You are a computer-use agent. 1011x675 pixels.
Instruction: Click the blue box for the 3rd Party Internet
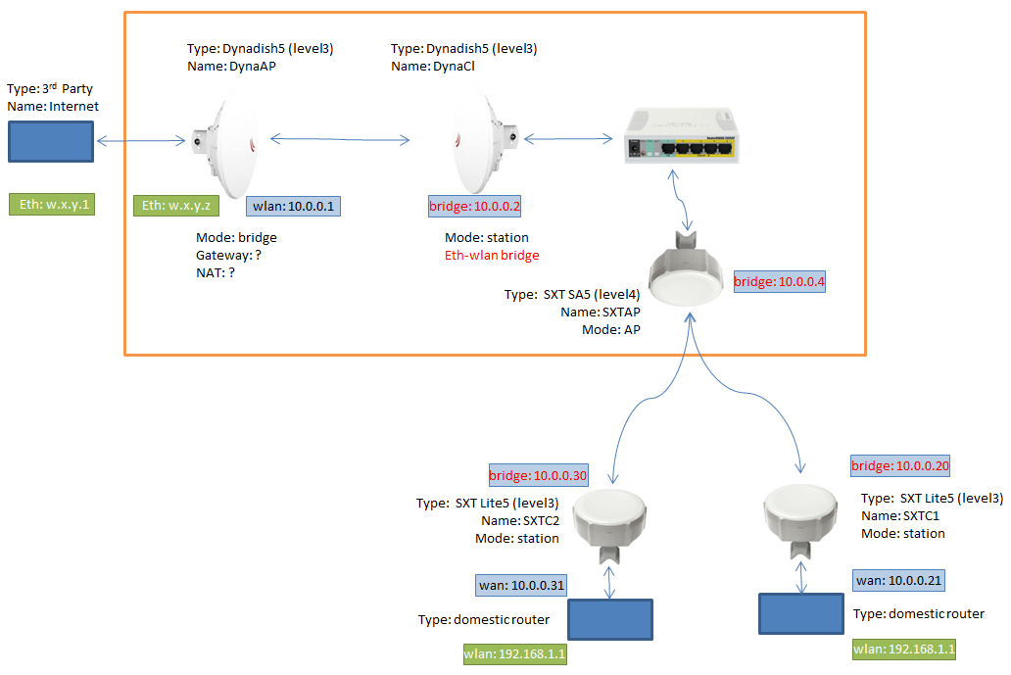(x=52, y=141)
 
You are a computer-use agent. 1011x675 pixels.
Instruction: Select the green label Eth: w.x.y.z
(x=176, y=205)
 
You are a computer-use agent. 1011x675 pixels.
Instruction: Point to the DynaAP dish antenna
(x=231, y=141)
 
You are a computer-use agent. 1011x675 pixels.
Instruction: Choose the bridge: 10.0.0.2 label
(x=475, y=207)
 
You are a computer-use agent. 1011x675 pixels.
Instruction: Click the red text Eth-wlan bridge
(x=492, y=255)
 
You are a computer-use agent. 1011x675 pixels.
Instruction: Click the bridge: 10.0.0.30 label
(x=538, y=476)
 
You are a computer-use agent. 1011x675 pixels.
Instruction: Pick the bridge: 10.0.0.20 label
(x=900, y=465)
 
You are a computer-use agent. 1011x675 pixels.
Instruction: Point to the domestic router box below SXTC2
(x=610, y=619)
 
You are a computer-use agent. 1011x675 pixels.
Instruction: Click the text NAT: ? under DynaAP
(x=216, y=273)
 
